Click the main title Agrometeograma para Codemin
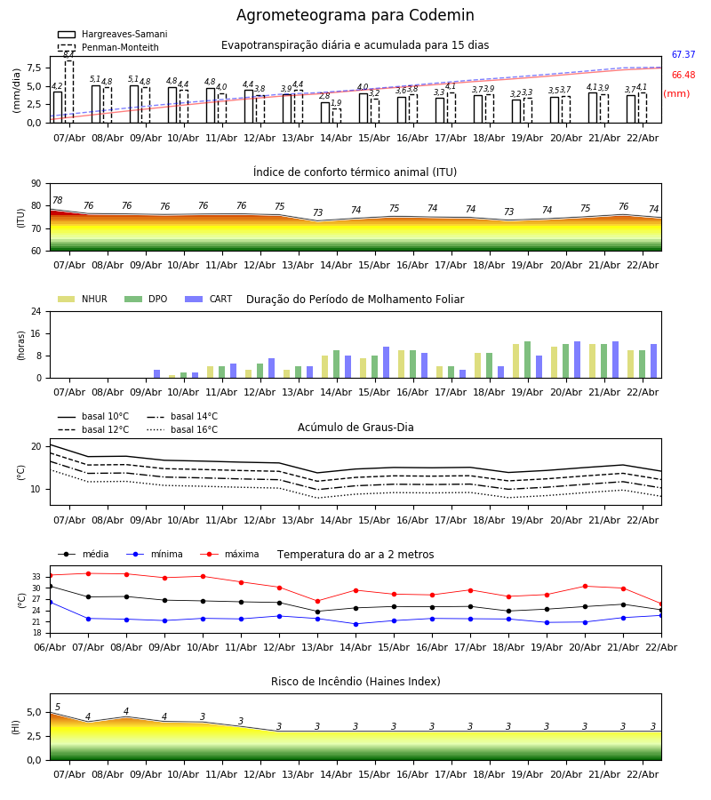click(x=355, y=16)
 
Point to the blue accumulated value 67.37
click(x=683, y=55)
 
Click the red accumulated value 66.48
click(x=683, y=76)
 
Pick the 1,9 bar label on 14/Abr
click(x=336, y=104)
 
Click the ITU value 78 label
click(x=57, y=201)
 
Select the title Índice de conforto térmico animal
click(x=355, y=172)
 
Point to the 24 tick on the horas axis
click(x=39, y=312)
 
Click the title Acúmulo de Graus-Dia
click(x=355, y=428)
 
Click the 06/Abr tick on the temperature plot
click(x=50, y=646)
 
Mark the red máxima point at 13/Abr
click(x=317, y=601)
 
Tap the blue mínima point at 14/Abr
click(x=355, y=624)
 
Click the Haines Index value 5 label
click(x=58, y=708)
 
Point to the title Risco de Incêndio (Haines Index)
click(x=355, y=682)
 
